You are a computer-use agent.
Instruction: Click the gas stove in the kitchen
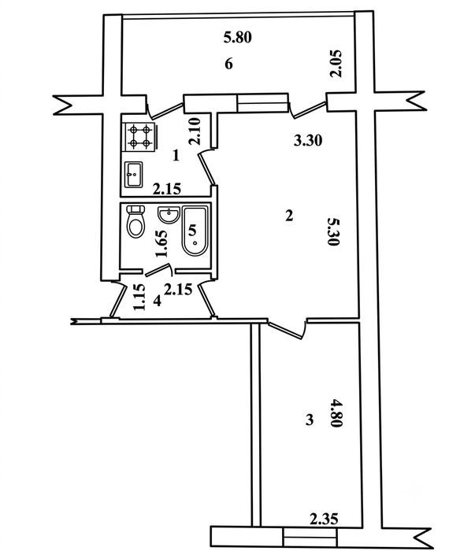click(139, 137)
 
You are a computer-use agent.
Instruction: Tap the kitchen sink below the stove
click(134, 174)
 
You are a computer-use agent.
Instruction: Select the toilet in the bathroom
click(135, 221)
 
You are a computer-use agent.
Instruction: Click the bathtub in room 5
click(195, 231)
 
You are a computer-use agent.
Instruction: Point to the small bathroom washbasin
click(169, 214)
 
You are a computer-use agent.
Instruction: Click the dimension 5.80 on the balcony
click(238, 37)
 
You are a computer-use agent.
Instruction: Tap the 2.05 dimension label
click(336, 64)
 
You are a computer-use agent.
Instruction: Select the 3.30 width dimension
click(308, 141)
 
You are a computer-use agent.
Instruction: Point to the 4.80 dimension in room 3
click(336, 412)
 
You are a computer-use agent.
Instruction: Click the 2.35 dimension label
click(325, 519)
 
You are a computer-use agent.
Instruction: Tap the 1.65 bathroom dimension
click(161, 243)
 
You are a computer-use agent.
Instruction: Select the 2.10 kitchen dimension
click(195, 131)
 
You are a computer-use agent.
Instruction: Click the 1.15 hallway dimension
click(139, 297)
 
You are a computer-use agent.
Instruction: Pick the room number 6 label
click(228, 64)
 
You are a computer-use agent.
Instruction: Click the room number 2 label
click(289, 216)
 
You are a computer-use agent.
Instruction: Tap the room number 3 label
click(310, 420)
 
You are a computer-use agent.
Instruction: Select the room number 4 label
click(158, 301)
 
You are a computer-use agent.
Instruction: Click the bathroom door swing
click(159, 270)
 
